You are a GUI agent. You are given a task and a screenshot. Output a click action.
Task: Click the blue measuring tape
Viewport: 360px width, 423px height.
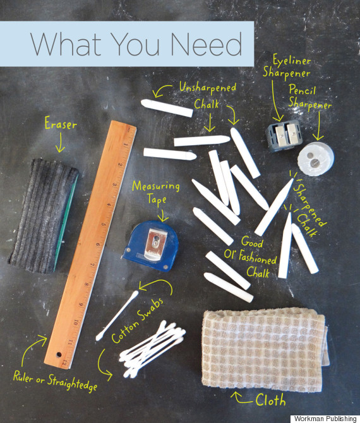point(150,246)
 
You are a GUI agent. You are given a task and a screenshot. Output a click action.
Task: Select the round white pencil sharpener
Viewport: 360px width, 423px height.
point(316,159)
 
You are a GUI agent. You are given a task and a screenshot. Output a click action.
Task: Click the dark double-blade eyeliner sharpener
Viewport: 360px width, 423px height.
point(282,136)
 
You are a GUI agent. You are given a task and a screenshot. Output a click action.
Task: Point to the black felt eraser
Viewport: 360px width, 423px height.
point(43,216)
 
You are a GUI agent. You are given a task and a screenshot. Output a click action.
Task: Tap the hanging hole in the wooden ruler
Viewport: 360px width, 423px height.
point(58,354)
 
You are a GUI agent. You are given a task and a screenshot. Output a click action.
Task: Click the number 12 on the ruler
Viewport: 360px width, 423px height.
point(64,364)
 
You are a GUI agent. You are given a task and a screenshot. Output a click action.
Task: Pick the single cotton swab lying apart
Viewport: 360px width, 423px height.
point(117,316)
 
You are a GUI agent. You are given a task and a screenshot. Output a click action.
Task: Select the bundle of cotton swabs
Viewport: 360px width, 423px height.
point(153,348)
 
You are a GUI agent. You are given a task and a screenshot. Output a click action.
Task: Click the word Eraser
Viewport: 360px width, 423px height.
point(61,124)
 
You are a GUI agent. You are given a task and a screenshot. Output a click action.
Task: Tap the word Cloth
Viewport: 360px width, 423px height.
point(270,400)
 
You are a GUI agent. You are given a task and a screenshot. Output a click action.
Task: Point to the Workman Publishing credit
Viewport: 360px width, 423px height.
point(325,419)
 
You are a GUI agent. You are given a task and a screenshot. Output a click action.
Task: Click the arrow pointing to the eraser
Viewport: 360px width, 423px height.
point(60,143)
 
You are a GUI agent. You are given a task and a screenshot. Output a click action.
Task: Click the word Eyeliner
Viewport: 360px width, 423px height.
point(291,60)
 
